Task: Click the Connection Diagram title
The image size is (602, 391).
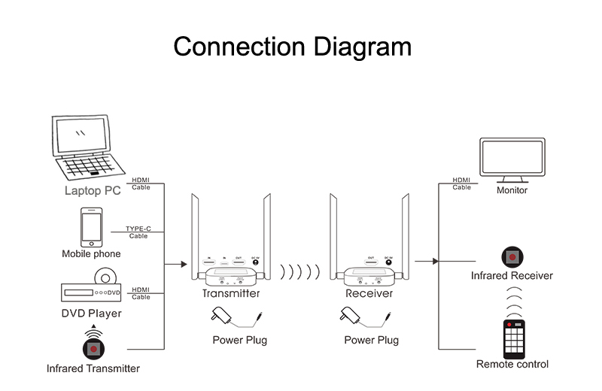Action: [x=293, y=47]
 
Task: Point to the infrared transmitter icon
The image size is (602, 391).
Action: [x=93, y=347]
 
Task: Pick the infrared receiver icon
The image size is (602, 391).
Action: [x=512, y=256]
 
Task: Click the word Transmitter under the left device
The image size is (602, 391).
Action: [x=231, y=293]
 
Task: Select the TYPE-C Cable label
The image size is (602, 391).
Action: [x=138, y=232]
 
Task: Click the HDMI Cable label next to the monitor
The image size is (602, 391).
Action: [x=461, y=183]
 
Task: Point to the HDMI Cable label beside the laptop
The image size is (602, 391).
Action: [x=141, y=183]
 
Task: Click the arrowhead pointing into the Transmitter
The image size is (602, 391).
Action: [x=182, y=264]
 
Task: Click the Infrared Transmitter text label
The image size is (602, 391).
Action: [x=93, y=368]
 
